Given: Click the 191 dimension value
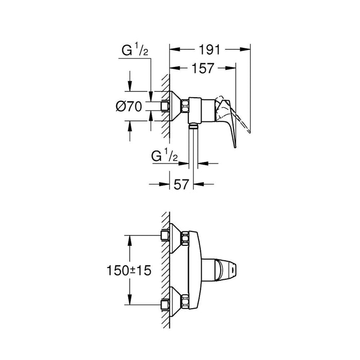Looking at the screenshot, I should (x=210, y=50).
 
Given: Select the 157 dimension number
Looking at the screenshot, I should (x=202, y=68).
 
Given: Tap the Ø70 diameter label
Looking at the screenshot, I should (x=128, y=107).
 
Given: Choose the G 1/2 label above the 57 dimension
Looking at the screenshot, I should (x=165, y=154).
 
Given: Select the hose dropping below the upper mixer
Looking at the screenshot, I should (x=193, y=147).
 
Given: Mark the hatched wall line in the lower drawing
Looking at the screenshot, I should (x=165, y=270).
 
